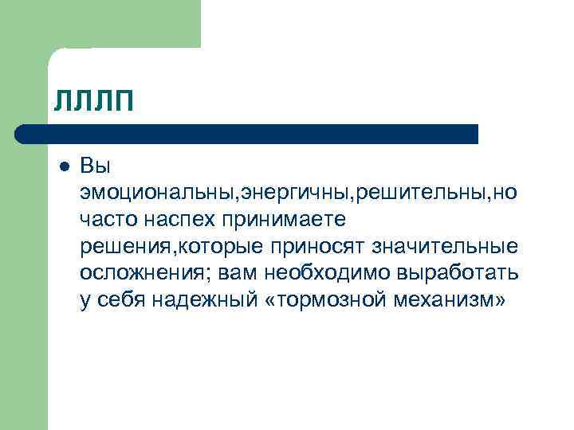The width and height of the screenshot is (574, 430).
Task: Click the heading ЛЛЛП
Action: [93, 102]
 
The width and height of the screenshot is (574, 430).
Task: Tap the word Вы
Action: [95, 167]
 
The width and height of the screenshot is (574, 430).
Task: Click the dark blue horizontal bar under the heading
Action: [247, 134]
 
